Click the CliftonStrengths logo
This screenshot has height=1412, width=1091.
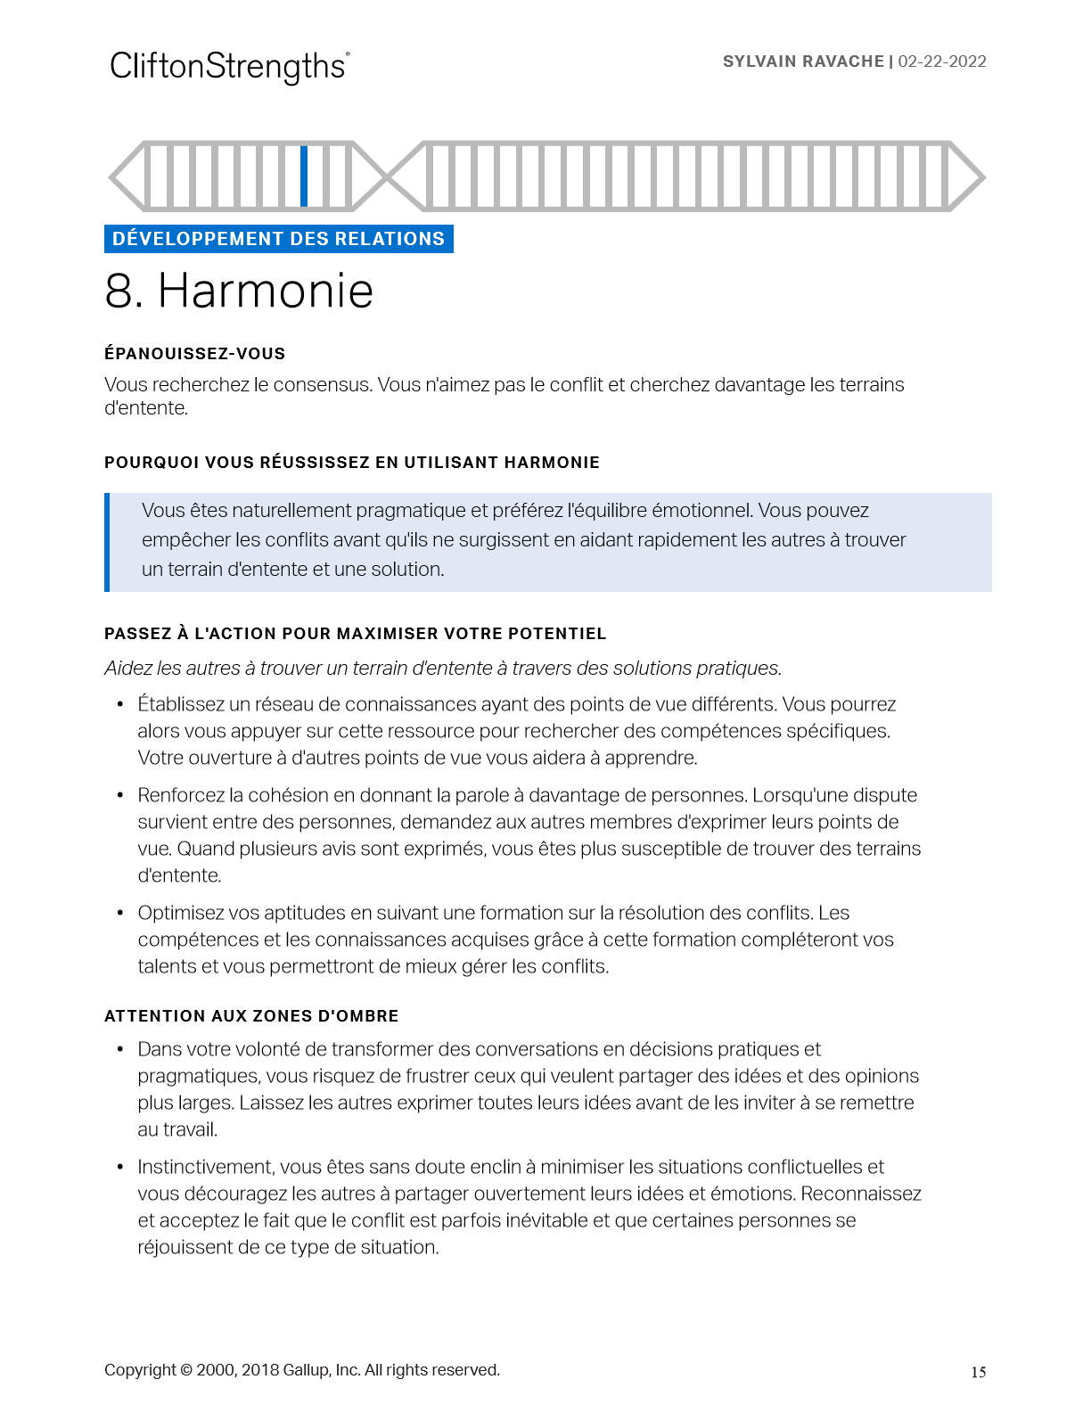(229, 67)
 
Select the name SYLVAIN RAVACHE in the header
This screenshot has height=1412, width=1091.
(803, 62)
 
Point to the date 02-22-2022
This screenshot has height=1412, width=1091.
(942, 62)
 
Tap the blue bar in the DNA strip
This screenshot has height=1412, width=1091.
(304, 176)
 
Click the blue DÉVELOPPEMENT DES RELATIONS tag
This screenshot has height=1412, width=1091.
(278, 239)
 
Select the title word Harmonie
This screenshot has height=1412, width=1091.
(266, 291)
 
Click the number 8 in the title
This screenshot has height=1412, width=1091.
(119, 291)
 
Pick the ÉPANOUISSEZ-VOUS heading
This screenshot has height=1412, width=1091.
(194, 354)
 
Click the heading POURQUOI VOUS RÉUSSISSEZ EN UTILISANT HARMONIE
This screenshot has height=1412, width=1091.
(351, 463)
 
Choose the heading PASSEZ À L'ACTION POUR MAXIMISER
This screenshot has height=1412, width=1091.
(355, 634)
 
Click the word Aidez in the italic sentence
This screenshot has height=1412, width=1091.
(127, 669)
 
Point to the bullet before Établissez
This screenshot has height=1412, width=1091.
(119, 704)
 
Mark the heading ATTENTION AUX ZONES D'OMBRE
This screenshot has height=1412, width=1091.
(251, 1016)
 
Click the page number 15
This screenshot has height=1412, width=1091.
(978, 1372)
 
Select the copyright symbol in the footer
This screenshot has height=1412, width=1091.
(186, 1370)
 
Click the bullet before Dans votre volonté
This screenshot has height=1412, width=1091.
(119, 1049)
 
